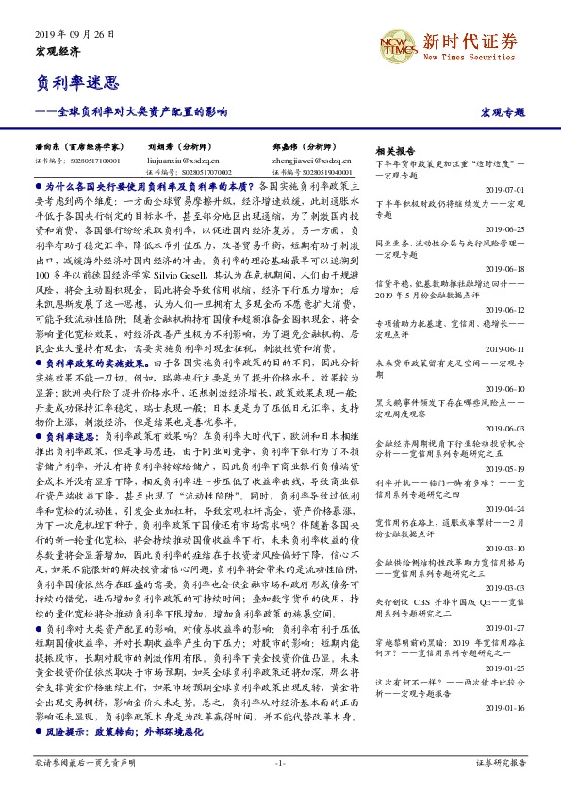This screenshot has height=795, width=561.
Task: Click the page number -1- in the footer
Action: (280, 761)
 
